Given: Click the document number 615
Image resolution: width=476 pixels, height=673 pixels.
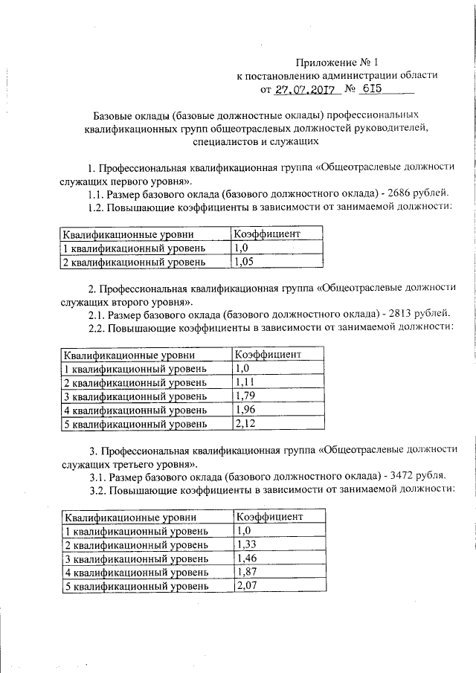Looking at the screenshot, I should pos(370,88).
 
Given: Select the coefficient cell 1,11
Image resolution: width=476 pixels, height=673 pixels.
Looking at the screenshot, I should pos(242,382).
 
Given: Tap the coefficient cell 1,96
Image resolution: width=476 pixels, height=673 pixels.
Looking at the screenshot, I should pos(242,410).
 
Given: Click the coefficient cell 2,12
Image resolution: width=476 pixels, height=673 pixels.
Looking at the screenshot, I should pos(242,424).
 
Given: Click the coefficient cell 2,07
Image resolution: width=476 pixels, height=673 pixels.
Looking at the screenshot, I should pos(245,585).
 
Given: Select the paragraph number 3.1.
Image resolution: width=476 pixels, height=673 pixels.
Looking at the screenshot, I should pos(97,474).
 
